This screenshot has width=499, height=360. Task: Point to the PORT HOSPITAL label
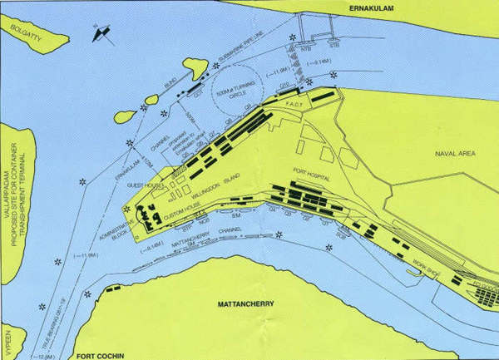point(311,177)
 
